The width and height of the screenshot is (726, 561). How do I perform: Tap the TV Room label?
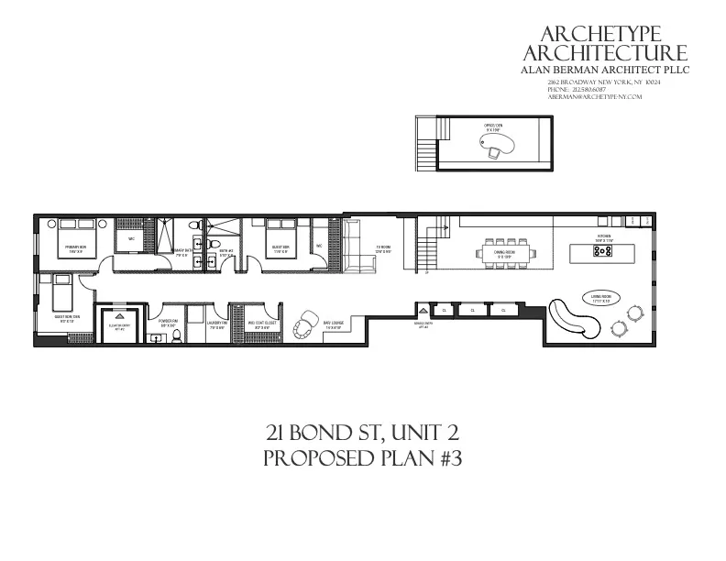(383, 249)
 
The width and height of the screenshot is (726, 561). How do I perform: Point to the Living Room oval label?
(599, 299)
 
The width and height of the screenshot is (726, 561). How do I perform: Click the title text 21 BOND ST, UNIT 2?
(362, 433)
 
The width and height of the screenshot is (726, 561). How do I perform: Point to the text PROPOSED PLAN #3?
(362, 457)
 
